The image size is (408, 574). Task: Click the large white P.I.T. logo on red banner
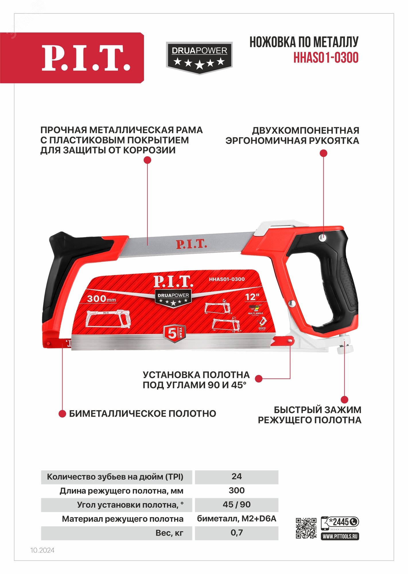click(x=86, y=58)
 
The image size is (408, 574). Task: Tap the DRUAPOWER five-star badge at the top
click(x=199, y=58)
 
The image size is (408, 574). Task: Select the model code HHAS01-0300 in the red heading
click(x=326, y=58)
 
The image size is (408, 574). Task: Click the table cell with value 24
click(x=236, y=476)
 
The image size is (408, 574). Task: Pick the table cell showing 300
click(x=236, y=490)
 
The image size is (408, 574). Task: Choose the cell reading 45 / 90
click(x=236, y=505)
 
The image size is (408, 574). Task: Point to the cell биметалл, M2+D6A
click(x=236, y=519)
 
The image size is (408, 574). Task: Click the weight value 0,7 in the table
click(x=236, y=533)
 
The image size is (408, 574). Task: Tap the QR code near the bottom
click(x=306, y=528)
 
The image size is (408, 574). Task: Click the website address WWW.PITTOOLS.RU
click(x=340, y=536)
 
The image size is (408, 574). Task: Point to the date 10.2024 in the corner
click(x=42, y=550)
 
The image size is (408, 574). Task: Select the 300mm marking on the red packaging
click(x=101, y=299)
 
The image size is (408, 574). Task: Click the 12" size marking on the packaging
click(x=252, y=297)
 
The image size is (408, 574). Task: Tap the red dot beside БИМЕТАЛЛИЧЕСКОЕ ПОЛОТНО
click(x=62, y=414)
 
